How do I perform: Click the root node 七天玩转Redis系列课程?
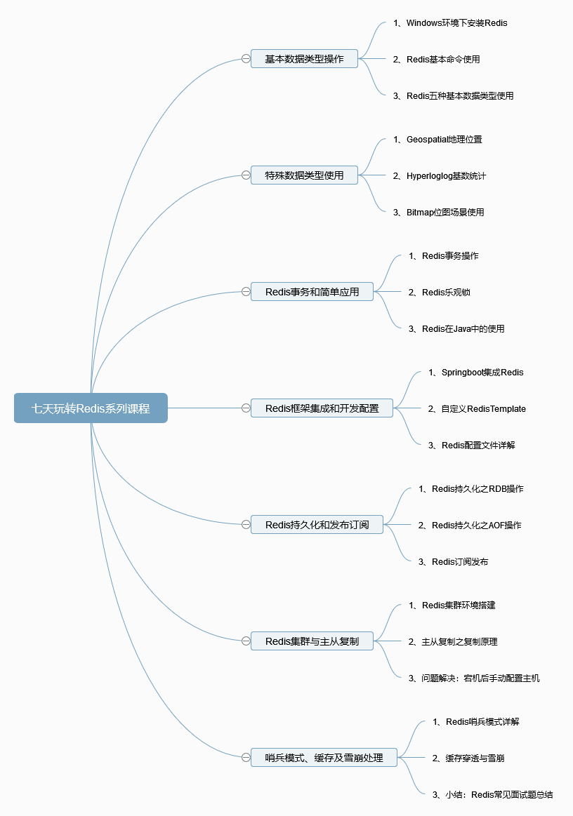(x=91, y=408)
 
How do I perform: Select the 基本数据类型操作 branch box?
(x=304, y=59)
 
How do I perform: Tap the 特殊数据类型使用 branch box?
(x=304, y=175)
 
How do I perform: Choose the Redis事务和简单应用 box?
(x=312, y=292)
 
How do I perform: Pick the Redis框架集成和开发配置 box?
(x=322, y=408)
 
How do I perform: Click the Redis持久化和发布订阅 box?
(x=317, y=525)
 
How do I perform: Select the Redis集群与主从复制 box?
(x=312, y=641)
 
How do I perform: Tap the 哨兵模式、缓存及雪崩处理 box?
(x=324, y=758)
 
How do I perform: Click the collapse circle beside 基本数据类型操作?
(x=246, y=59)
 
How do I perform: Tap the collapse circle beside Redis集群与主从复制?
(x=246, y=641)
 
